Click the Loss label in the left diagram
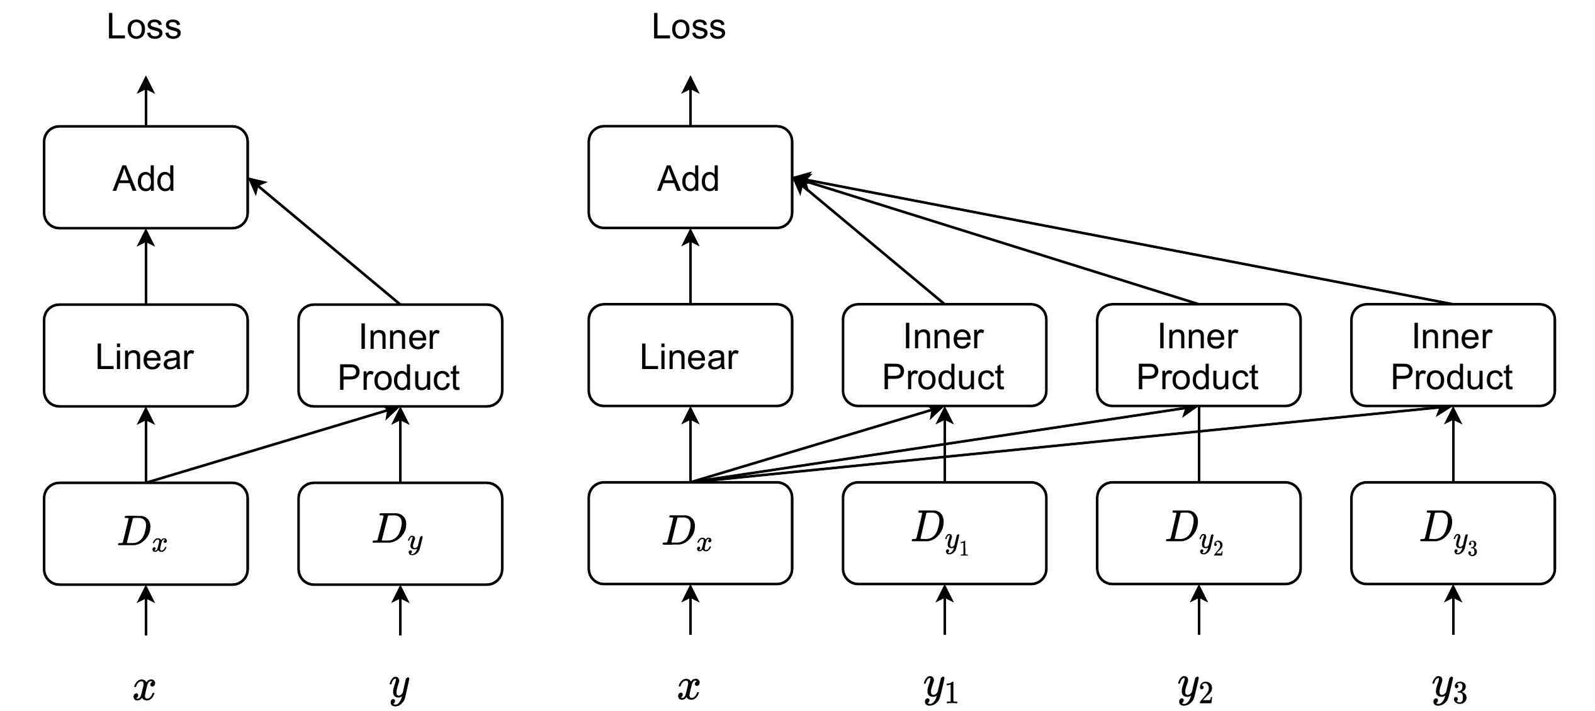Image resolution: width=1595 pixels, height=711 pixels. point(144,28)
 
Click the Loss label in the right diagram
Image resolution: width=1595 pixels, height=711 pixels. point(689,28)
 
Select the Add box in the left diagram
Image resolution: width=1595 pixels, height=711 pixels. point(145,178)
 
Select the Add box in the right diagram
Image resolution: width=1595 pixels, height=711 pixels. point(690,178)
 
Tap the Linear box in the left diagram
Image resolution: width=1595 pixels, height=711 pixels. point(145,356)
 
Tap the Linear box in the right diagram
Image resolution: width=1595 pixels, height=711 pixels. point(690,356)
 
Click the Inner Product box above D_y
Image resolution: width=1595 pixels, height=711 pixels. point(400,356)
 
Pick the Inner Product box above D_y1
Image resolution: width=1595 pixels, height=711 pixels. point(944,356)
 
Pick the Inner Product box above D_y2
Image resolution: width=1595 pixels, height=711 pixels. point(1198,356)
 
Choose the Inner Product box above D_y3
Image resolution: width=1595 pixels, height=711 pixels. point(1453,356)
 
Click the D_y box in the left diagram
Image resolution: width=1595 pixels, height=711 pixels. point(400,533)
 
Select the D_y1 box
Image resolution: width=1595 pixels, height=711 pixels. point(944,533)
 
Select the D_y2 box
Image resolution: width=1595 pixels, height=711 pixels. point(1198,533)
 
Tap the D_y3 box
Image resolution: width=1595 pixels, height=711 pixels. point(1453,533)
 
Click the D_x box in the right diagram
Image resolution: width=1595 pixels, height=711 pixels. point(690,533)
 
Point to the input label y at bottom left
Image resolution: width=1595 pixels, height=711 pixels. point(399,688)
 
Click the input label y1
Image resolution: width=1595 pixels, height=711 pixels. point(942,689)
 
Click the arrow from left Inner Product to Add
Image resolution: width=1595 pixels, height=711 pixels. point(324,241)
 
